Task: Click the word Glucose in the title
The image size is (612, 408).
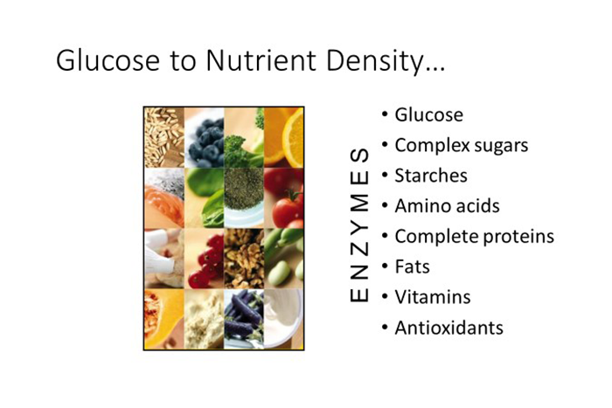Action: tap(108, 60)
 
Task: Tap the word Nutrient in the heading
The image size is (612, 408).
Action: tap(261, 60)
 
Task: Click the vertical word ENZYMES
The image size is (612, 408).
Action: tap(359, 225)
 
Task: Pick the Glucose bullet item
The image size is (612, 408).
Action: tap(429, 114)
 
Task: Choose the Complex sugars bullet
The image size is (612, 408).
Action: tap(462, 146)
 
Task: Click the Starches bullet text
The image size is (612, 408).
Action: tap(431, 176)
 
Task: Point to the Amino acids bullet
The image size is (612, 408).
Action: tap(448, 206)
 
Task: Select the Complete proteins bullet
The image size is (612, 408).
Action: tap(475, 237)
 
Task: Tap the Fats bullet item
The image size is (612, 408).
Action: tap(412, 266)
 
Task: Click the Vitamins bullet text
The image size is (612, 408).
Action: tap(433, 297)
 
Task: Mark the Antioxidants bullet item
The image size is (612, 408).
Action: tap(449, 328)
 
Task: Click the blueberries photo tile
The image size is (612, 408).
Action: tap(204, 137)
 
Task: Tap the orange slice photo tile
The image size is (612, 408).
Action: tap(284, 137)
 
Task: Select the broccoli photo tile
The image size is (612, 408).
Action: tap(244, 137)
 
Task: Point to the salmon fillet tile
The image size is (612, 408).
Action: tap(164, 198)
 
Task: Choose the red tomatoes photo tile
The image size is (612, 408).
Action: tap(284, 198)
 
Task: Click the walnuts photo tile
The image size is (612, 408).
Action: tap(244, 259)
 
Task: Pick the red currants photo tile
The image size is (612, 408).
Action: tap(204, 259)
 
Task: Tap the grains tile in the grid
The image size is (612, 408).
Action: tap(164, 137)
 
